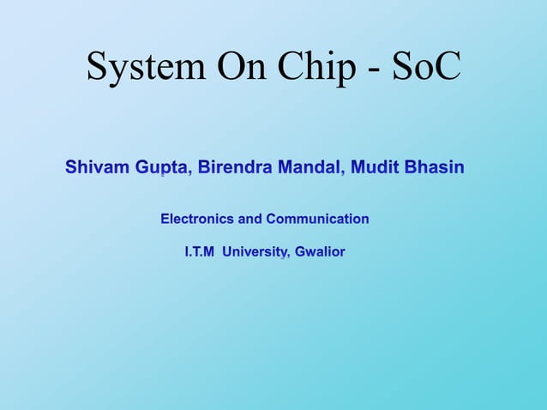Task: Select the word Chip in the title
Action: tap(308, 67)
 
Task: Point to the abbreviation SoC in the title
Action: tap(425, 67)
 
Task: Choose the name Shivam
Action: tap(97, 167)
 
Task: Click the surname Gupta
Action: tap(163, 167)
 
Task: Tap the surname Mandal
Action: tap(309, 167)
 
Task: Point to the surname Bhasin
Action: tap(434, 167)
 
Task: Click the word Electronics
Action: tap(197, 219)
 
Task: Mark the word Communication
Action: tap(317, 219)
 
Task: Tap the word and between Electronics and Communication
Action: tap(250, 219)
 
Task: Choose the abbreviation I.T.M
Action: tap(199, 252)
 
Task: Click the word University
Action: tap(255, 252)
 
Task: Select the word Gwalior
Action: tap(319, 252)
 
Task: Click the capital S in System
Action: tap(98, 67)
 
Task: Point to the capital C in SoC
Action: tap(446, 67)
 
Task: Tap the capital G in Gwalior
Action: tap(300, 252)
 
